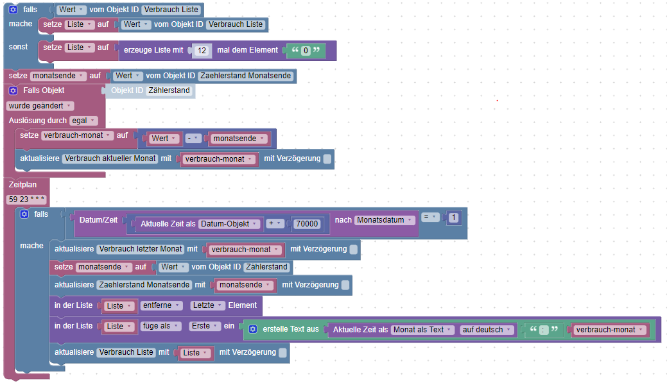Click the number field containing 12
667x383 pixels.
click(x=202, y=50)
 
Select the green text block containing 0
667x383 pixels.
click(x=306, y=51)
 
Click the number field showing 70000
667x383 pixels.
click(x=306, y=224)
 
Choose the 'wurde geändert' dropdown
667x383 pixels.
click(x=40, y=106)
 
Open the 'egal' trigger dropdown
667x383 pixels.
click(x=83, y=121)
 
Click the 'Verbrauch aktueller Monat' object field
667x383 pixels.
click(x=110, y=158)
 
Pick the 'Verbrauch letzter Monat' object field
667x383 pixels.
click(x=141, y=249)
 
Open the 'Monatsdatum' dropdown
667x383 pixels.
click(x=385, y=220)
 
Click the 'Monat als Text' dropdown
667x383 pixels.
click(x=422, y=330)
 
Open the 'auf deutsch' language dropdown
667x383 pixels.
click(x=488, y=330)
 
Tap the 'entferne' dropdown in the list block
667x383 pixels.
click(x=161, y=305)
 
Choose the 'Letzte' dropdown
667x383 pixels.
click(x=208, y=305)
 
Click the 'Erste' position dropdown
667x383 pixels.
click(x=204, y=326)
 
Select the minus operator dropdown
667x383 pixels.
click(x=193, y=139)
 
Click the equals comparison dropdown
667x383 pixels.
click(x=429, y=218)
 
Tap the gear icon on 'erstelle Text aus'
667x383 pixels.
click(x=253, y=329)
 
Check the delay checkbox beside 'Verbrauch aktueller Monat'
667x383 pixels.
click(x=327, y=158)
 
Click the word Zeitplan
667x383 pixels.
click(x=23, y=185)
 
